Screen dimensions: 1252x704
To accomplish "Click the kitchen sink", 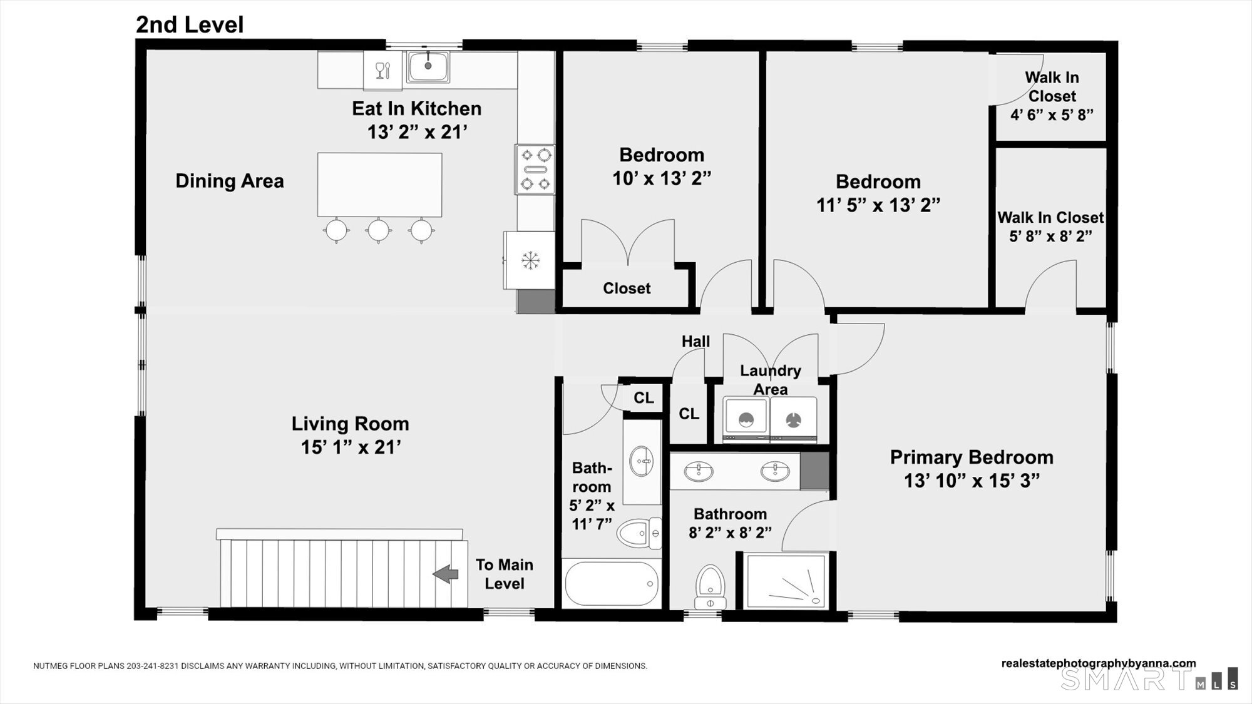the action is point(428,66).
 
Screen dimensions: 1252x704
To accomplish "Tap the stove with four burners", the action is point(535,169).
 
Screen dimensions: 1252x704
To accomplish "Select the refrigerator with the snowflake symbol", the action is point(530,260).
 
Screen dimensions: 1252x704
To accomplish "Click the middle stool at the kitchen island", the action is point(379,230).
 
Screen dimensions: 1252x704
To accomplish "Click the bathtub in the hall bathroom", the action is point(612,583).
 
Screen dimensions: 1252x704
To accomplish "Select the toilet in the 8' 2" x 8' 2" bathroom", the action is point(710,586).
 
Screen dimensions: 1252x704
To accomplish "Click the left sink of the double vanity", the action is point(698,471).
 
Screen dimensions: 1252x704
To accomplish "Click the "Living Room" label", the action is point(350,424).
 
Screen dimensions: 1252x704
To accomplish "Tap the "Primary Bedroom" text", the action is point(972,457).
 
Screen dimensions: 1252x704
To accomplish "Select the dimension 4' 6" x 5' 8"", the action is point(1052,115).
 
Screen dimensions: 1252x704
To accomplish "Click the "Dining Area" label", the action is point(230,181).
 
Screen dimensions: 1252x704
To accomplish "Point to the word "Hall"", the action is point(695,341).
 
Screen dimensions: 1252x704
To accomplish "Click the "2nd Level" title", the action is point(190,24).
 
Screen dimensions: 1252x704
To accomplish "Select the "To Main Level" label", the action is point(505,574).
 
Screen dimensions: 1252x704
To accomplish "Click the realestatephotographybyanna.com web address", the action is point(1099,663).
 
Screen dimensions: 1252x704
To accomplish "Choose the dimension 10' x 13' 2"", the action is point(662,178).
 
